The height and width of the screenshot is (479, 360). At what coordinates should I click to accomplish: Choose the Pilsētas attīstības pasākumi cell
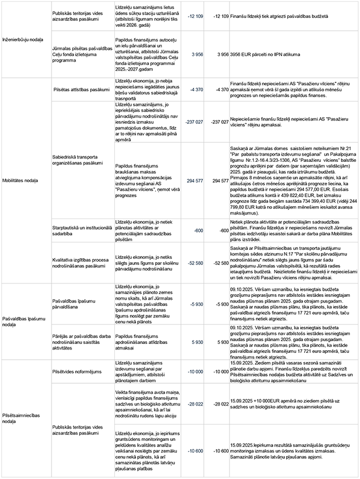point(81,89)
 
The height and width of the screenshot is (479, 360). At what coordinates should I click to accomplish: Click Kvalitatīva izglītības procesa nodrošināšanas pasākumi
point(78,263)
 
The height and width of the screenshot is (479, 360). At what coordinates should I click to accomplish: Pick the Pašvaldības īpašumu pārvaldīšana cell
point(76,303)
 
